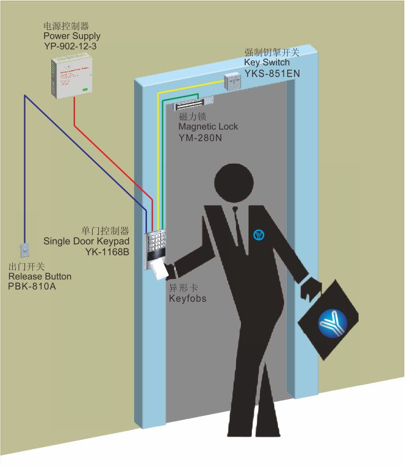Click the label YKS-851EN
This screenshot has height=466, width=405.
tap(272, 73)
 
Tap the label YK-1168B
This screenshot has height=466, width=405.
tap(107, 251)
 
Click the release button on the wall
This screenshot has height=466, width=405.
tap(26, 250)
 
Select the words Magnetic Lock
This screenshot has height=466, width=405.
tap(208, 126)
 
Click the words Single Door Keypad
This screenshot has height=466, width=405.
tap(86, 241)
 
